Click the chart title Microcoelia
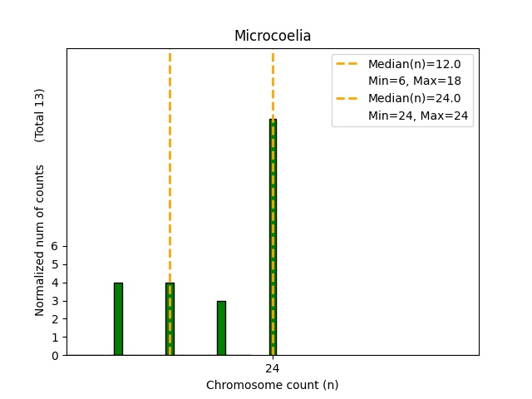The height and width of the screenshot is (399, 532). (x=273, y=36)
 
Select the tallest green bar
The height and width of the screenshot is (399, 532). (x=273, y=237)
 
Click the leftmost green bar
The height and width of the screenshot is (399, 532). (x=118, y=319)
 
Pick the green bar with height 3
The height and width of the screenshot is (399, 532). (x=221, y=328)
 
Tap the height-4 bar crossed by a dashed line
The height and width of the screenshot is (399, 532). (x=170, y=319)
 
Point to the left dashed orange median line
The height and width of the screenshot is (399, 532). (x=170, y=166)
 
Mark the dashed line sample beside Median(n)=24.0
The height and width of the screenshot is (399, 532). (x=348, y=98)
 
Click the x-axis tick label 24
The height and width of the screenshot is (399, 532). (x=273, y=367)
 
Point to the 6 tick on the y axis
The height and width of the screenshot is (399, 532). (x=56, y=246)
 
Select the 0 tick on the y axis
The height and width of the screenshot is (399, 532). (x=56, y=356)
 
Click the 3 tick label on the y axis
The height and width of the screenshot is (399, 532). (x=56, y=301)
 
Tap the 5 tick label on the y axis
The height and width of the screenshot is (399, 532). (x=56, y=264)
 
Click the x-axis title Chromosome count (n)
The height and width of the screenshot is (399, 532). (x=273, y=385)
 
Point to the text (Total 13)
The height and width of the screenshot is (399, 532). (x=40, y=115)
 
